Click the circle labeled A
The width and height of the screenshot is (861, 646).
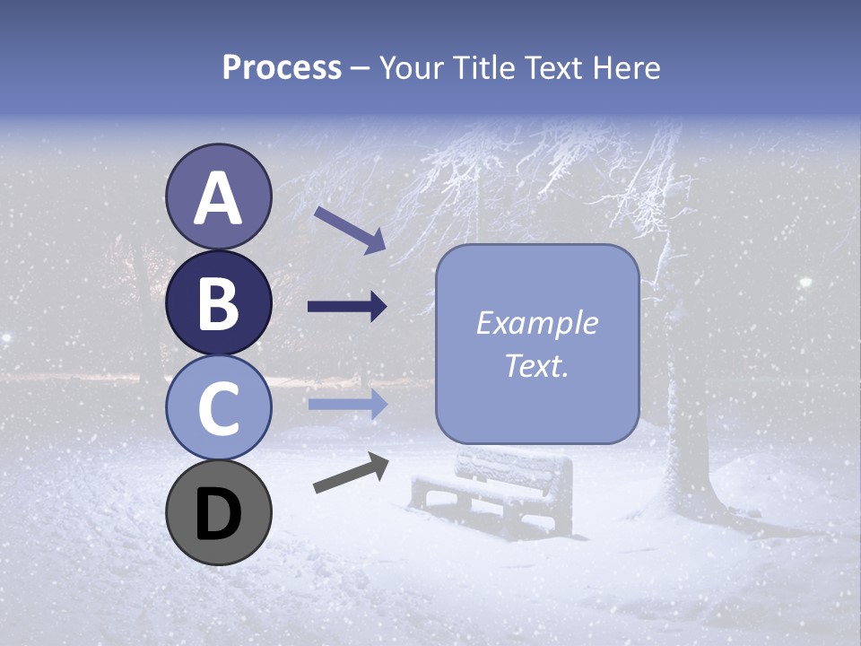(218, 196)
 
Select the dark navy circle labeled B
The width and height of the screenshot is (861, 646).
(218, 302)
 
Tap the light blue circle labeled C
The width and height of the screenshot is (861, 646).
(218, 407)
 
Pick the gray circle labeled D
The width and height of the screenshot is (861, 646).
(218, 512)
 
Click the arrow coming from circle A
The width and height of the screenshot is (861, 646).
(350, 230)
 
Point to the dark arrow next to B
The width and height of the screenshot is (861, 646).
(347, 307)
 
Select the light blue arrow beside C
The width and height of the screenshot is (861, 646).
(347, 404)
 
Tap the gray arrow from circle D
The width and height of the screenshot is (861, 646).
(351, 473)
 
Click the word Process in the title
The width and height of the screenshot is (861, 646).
(282, 67)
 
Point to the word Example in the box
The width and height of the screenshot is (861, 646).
(536, 323)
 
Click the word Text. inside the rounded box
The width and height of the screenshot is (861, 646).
(536, 366)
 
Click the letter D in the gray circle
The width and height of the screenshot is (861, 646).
(218, 514)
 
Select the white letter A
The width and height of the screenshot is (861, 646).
(218, 198)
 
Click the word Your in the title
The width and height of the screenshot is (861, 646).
(412, 67)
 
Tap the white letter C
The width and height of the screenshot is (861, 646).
(218, 408)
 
